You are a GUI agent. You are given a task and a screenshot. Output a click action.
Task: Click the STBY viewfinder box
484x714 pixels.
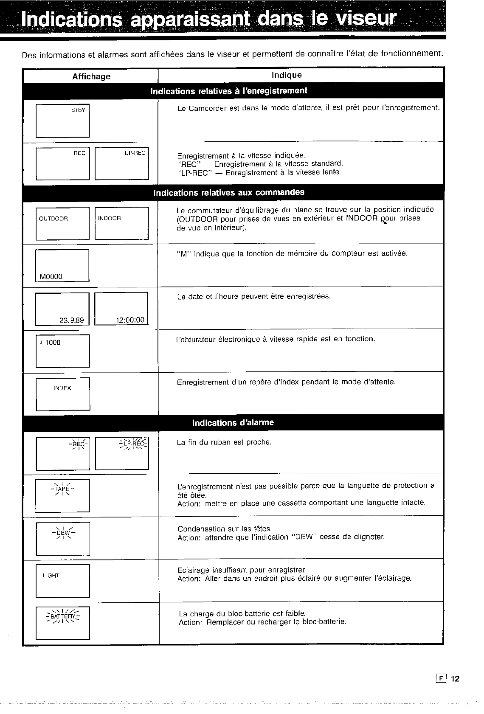pos(62,121)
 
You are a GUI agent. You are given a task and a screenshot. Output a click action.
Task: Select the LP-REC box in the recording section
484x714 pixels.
pos(121,163)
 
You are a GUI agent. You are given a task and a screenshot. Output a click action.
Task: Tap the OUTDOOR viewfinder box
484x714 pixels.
pos(62,223)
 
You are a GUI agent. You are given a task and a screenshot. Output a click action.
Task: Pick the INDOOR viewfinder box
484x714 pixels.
pos(121,223)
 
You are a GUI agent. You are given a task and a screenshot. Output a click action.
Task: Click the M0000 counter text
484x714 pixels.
pos(51,277)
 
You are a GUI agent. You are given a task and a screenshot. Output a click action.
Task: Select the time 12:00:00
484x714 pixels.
pos(130,320)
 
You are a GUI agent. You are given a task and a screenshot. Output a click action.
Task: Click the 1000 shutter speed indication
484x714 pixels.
pos(52,343)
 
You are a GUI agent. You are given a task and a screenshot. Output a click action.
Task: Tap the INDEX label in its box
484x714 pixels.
pos(62,388)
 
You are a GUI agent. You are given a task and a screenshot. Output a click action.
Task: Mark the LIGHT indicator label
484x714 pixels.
pos(51,576)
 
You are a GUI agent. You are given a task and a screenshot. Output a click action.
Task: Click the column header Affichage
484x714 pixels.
pos(91,76)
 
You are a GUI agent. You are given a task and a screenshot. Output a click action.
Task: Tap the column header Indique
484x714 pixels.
pos(287,75)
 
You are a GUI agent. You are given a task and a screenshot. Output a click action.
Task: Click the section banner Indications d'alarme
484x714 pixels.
pos(233,423)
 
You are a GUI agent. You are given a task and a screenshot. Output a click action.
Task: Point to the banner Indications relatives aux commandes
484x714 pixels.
pos(229,192)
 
